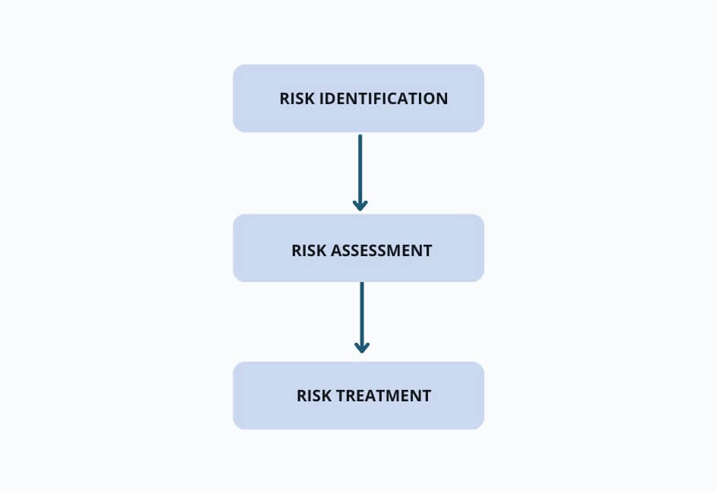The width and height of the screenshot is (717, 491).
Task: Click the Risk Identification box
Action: click(359, 98)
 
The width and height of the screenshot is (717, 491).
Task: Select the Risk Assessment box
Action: click(359, 248)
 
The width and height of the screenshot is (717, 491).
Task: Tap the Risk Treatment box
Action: click(359, 395)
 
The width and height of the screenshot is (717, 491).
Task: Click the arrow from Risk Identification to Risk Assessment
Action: click(360, 173)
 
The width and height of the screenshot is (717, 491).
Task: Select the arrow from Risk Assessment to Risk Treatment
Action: click(362, 317)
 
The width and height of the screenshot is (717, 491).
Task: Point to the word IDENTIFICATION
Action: click(383, 98)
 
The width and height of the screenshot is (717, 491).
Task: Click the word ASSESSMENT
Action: click(381, 251)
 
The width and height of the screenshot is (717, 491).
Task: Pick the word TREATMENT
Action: click(383, 396)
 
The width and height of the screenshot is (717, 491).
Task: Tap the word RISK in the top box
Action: click(297, 98)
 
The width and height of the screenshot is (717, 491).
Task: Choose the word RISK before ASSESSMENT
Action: click(309, 251)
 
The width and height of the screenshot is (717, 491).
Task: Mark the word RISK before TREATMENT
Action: click(314, 396)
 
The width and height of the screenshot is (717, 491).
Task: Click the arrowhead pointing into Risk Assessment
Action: click(360, 205)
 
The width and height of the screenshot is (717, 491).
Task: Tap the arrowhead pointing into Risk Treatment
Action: click(362, 347)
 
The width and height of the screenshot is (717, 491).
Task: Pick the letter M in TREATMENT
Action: click(395, 396)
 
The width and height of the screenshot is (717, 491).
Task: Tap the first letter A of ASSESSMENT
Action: click(337, 251)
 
